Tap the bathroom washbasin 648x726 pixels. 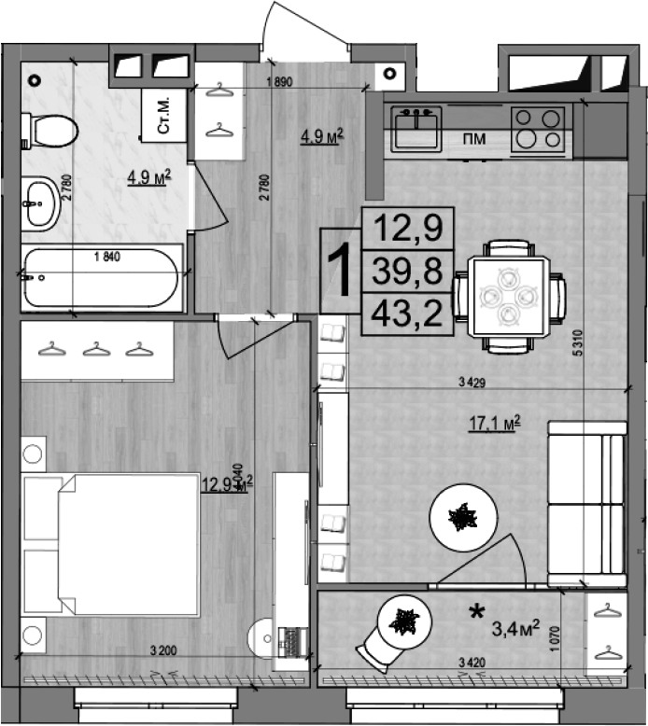point(40,201)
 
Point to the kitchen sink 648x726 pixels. point(416,129)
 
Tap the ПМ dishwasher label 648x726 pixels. point(474,140)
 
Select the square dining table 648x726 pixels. point(509,296)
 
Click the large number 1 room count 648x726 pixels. point(341,271)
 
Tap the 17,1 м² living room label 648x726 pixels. point(494,426)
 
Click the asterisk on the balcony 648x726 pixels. point(476,612)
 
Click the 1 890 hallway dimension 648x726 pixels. point(279,82)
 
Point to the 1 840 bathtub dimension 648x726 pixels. point(108,256)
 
